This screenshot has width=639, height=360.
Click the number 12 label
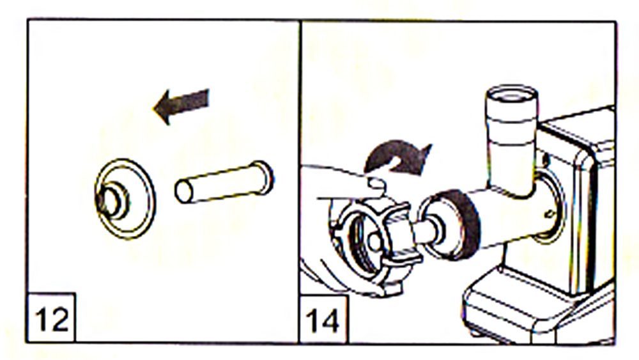coord(52,320)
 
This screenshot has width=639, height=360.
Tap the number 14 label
coord(323,320)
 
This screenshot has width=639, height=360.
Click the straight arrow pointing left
coord(181,106)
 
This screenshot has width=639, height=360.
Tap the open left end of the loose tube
coord(184,192)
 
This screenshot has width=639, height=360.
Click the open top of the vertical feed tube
coord(511,95)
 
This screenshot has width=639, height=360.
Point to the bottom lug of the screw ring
coord(390,288)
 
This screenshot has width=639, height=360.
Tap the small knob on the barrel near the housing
coord(550,213)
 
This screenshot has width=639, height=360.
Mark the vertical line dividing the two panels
coord(300,182)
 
